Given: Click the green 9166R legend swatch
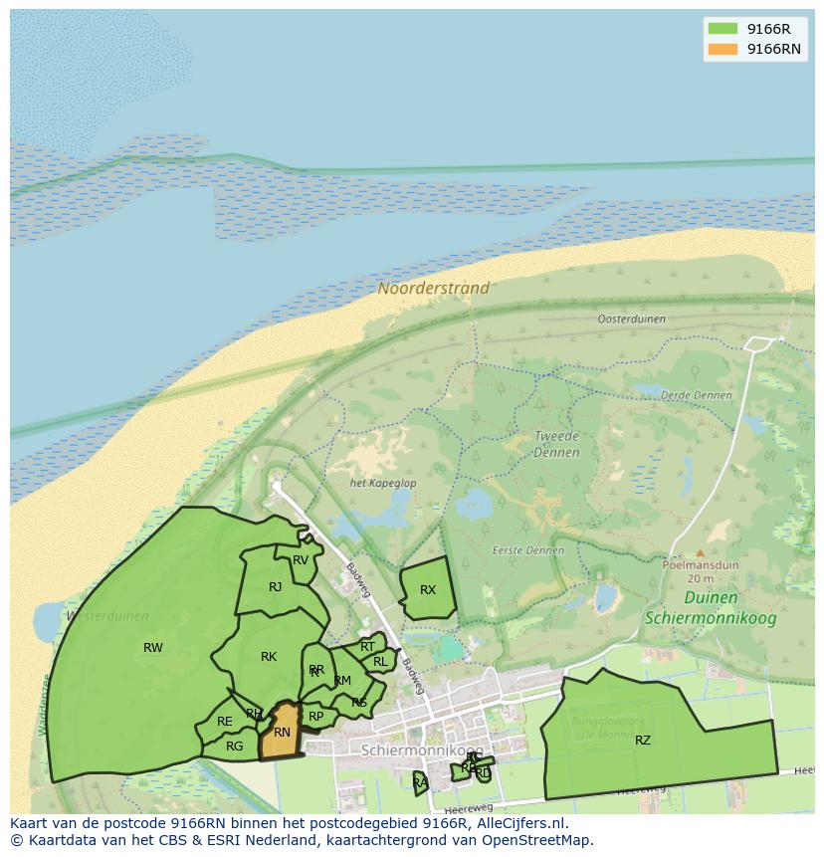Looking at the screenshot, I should point(722,29).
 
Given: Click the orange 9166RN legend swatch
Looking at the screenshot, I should point(722,49).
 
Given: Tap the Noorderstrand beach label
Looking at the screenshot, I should point(433,289).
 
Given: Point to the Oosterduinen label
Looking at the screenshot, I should point(631,320).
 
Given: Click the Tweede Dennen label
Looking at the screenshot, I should point(556,444).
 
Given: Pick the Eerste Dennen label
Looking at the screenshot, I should point(527,549).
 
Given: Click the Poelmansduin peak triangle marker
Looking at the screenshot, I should point(700,552).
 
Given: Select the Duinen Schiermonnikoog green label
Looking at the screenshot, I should point(711,607).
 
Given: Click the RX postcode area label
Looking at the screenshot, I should point(428,590).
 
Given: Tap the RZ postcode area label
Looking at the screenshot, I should point(643,740).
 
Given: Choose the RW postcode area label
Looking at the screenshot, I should point(153,648).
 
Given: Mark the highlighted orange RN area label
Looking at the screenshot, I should point(282,733).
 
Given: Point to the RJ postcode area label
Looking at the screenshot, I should point(276,587).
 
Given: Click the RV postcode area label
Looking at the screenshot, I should point(301,560).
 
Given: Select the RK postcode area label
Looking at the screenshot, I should point(269,657).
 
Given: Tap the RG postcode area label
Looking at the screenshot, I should point(235,747).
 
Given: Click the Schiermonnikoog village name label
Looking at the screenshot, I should point(422,750).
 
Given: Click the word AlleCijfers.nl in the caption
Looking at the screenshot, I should point(517,823).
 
